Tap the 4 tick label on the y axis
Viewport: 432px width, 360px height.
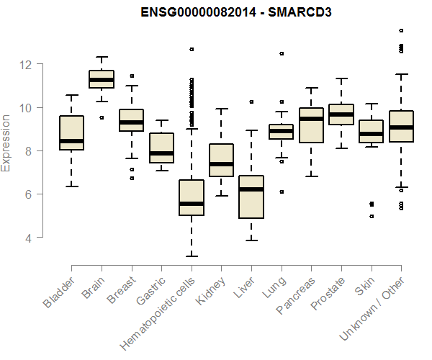coord(30,238)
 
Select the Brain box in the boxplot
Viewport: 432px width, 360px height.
coord(101,79)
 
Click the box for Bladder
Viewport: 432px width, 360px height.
coord(71,132)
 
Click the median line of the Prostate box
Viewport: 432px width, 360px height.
coord(341,114)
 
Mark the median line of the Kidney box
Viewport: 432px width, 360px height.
coord(221,164)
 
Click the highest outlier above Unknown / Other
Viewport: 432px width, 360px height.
coord(401,31)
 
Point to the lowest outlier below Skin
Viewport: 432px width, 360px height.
coord(372,216)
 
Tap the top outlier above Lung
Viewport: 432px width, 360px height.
coord(282,53)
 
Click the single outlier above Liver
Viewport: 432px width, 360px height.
coord(251,102)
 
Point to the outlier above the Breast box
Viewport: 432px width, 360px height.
coord(131,76)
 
